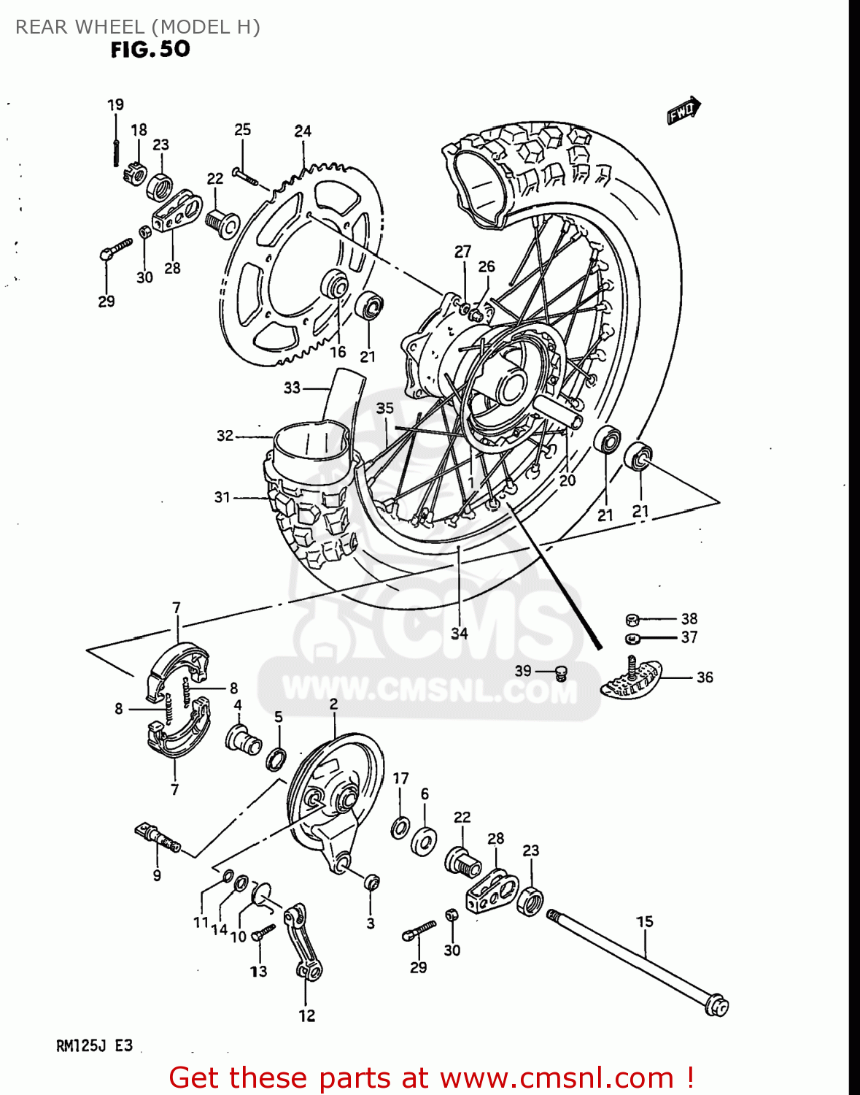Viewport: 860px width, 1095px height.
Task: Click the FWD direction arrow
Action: [x=683, y=110]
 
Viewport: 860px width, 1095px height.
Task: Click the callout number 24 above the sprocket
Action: [x=303, y=131]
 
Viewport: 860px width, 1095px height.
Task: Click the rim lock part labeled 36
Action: [x=632, y=677]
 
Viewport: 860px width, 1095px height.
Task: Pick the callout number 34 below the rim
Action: [x=459, y=633]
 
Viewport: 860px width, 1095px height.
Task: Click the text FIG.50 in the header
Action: [x=150, y=50]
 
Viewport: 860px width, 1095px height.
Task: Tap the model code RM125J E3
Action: [x=94, y=1045]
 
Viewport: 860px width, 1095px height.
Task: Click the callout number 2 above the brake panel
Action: [x=333, y=704]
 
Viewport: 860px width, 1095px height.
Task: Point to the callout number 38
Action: [x=689, y=618]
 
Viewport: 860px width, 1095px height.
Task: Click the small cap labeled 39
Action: [x=561, y=672]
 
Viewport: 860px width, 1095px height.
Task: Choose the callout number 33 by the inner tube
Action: [x=292, y=388]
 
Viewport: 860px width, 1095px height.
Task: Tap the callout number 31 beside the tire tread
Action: [x=222, y=497]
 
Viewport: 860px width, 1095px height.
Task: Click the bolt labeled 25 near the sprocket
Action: [x=245, y=175]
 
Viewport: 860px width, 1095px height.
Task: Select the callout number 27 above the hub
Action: [x=462, y=252]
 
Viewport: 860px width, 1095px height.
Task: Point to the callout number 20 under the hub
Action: [x=567, y=480]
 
